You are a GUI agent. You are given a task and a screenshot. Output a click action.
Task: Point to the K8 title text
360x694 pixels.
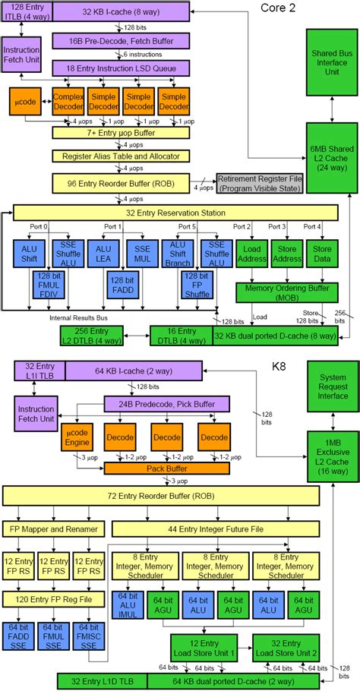coord(283,368)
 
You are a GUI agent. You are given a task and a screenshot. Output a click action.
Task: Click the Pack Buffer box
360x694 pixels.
coord(156,468)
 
